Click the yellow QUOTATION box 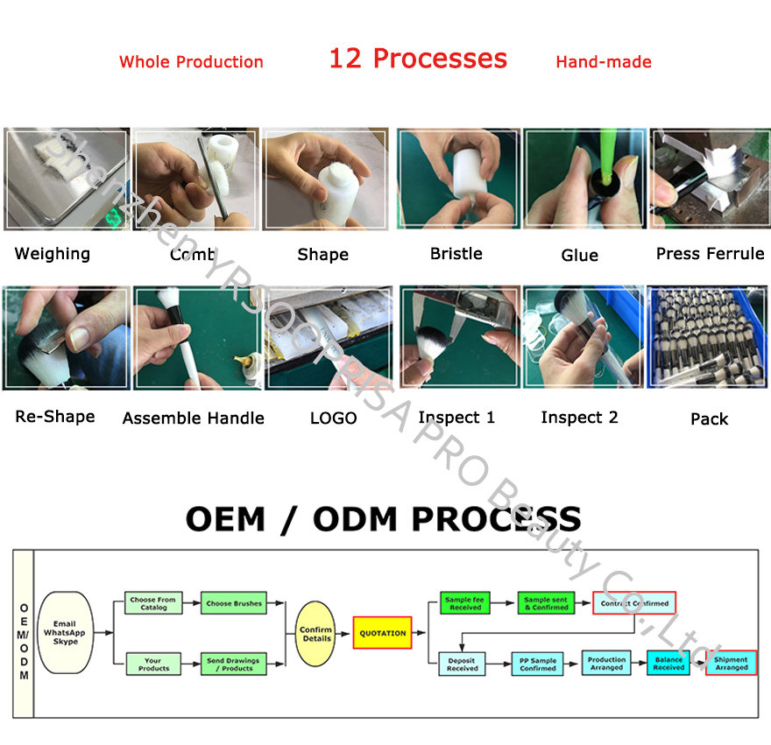tap(382, 633)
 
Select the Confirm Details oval tap(315, 634)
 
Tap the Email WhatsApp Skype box tap(66, 633)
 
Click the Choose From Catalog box tap(152, 603)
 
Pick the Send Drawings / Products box tap(234, 664)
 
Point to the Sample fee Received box tap(463, 603)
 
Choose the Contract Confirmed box tap(634, 603)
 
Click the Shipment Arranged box tap(731, 663)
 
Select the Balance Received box tap(668, 663)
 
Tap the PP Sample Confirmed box tap(537, 664)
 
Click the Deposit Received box tap(463, 664)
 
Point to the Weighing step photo tap(67, 179)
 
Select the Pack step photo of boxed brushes tap(707, 337)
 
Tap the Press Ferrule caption tap(710, 254)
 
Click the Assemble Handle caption tap(193, 418)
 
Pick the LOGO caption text tap(333, 418)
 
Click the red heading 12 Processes tap(418, 59)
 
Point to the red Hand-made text tap(604, 62)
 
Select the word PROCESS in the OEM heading tap(496, 519)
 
